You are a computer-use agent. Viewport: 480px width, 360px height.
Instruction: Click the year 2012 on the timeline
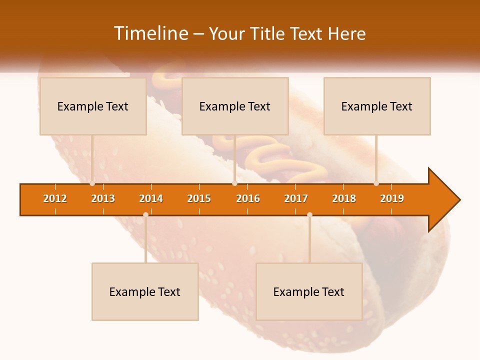[55, 198]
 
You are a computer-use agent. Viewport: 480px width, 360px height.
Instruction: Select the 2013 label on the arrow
[103, 198]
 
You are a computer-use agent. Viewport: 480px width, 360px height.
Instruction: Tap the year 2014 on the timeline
[151, 198]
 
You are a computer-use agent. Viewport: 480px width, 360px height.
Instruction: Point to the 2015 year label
[199, 198]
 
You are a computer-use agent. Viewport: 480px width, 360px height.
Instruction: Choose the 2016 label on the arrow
[248, 198]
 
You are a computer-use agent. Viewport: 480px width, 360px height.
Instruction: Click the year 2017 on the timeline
[296, 198]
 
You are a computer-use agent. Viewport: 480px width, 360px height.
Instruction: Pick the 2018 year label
[344, 198]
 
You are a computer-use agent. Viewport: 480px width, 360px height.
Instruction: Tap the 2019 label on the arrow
[392, 198]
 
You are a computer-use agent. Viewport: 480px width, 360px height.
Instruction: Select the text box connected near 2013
[93, 106]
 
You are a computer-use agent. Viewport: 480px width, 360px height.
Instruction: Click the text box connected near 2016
[235, 106]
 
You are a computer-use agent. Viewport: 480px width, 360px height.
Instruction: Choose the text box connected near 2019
[377, 106]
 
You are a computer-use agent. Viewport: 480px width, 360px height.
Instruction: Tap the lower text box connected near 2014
[145, 291]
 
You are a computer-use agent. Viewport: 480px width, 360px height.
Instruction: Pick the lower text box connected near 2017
[309, 291]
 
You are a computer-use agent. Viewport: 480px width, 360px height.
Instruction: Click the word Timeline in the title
[151, 33]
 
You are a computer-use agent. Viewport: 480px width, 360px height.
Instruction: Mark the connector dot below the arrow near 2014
[145, 214]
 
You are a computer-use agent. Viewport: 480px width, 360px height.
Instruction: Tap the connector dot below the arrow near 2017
[309, 214]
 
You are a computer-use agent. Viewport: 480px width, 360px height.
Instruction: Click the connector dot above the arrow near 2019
[376, 183]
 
